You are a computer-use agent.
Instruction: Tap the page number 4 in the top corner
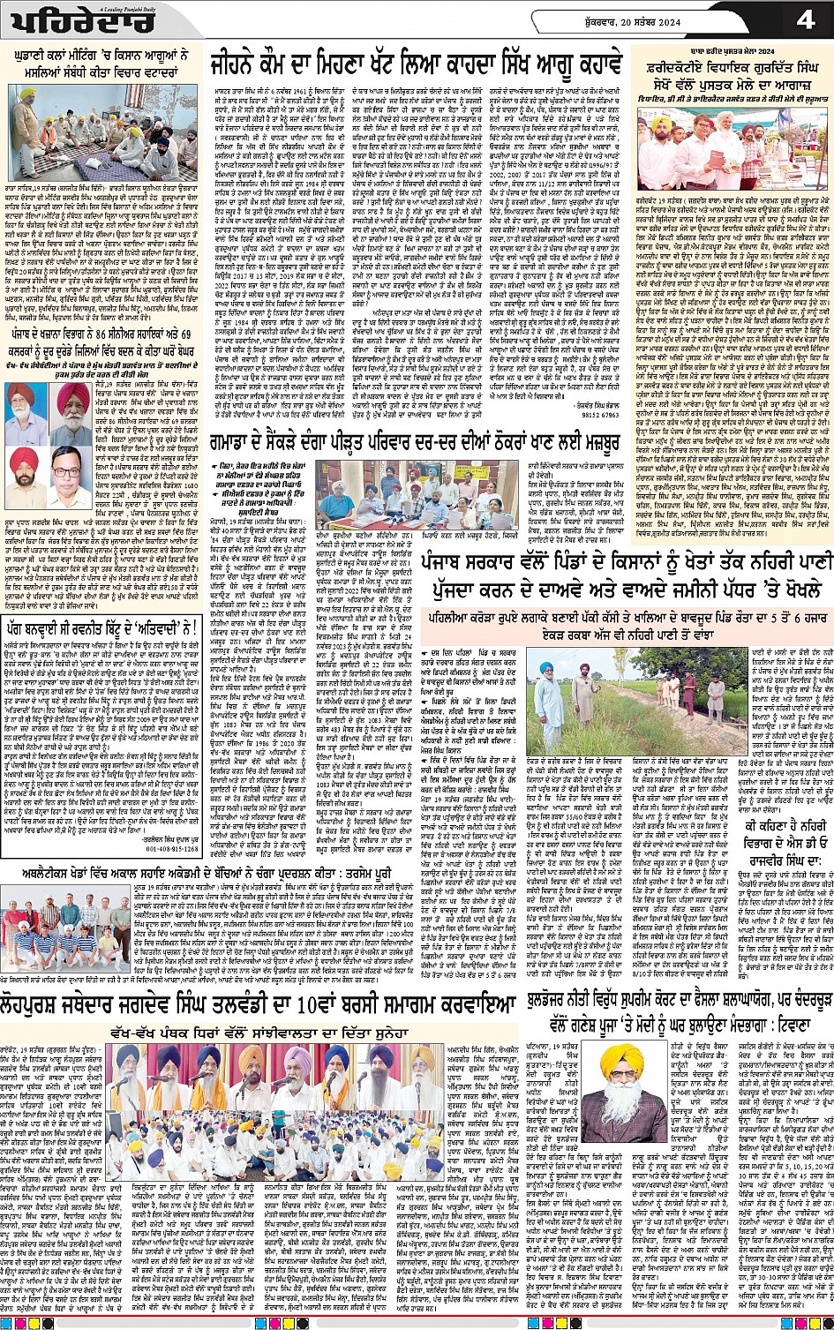click(805, 19)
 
